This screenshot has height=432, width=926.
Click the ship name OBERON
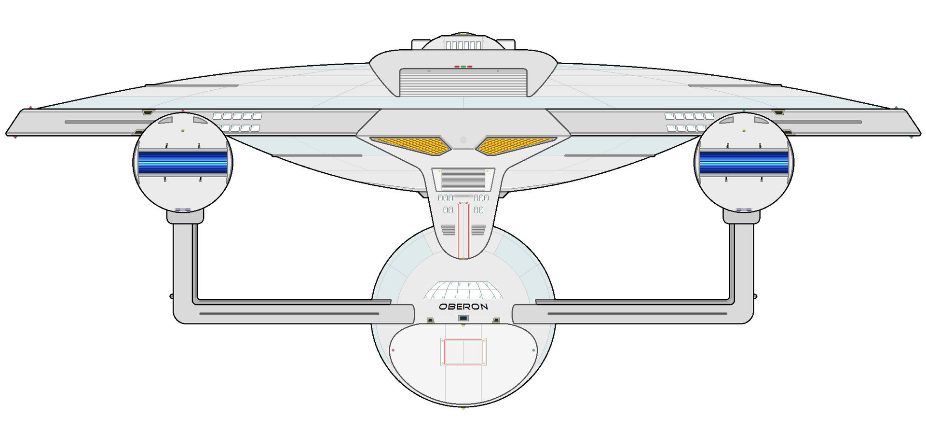tap(463, 307)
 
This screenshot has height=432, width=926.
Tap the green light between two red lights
tap(463, 67)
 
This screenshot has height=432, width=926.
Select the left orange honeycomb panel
tap(410, 145)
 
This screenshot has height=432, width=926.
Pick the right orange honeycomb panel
tap(516, 145)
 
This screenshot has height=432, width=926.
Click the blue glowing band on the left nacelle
tap(183, 162)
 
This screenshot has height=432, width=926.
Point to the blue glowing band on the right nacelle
tap(744, 162)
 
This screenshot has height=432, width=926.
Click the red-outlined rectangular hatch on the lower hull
tap(463, 351)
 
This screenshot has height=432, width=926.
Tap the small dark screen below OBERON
tap(463, 318)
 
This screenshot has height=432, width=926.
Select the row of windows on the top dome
tap(463, 45)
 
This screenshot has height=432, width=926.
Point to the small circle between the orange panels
tap(463, 140)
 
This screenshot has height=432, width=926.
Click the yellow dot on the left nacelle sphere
tap(182, 130)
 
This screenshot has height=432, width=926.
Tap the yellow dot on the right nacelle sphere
tap(744, 130)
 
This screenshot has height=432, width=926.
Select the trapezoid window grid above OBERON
tap(463, 291)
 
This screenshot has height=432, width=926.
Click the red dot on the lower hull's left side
tap(393, 350)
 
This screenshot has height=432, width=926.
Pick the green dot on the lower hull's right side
tap(533, 350)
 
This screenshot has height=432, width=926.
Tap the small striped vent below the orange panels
tap(463, 180)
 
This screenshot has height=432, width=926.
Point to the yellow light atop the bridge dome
tap(463, 34)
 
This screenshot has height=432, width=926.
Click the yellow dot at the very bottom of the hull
tap(463, 408)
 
